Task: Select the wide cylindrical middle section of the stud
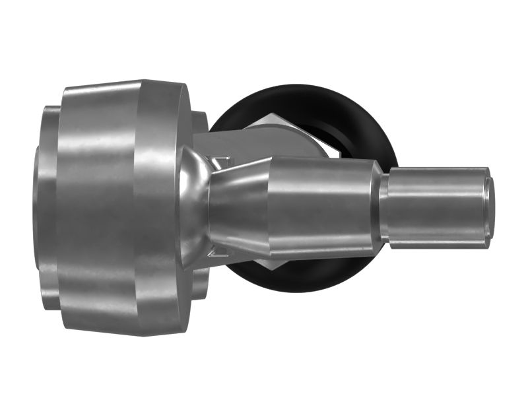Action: (x=323, y=205)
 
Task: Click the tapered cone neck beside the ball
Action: (x=238, y=205)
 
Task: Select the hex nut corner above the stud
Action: (x=264, y=119)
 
